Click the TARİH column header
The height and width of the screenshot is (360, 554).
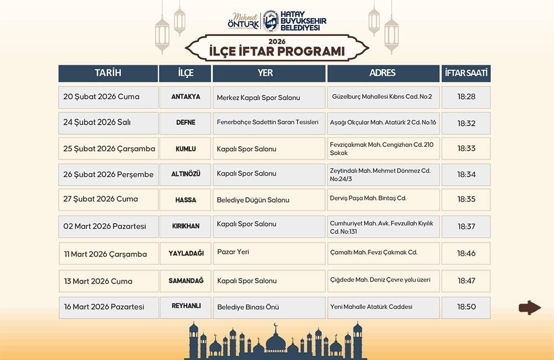coord(108,74)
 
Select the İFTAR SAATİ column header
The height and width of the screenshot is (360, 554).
coord(466,74)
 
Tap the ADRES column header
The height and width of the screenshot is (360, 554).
coord(382,74)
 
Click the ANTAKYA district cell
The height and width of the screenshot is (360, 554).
coord(186,97)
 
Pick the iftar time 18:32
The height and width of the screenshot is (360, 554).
coord(466,123)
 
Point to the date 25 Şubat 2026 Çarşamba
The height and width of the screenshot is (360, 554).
coord(109,148)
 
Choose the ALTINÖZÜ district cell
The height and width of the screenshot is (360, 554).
coord(186,174)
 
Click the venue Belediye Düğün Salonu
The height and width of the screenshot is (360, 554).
coord(253,200)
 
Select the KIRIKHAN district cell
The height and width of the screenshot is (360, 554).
coord(186,226)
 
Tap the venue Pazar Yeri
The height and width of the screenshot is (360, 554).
coord(233,252)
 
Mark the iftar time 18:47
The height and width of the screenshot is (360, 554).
coord(466,281)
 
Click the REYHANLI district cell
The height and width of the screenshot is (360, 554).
coord(186,306)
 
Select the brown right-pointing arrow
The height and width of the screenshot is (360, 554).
coord(530,307)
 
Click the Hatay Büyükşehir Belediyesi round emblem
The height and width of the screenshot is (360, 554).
coord(269,22)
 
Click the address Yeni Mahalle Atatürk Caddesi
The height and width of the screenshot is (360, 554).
coord(371,307)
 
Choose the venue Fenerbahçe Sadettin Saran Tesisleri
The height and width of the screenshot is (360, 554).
coord(268,122)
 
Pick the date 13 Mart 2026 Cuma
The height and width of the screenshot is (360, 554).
coord(98,281)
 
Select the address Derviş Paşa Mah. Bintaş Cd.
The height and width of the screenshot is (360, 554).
coord(368,198)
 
